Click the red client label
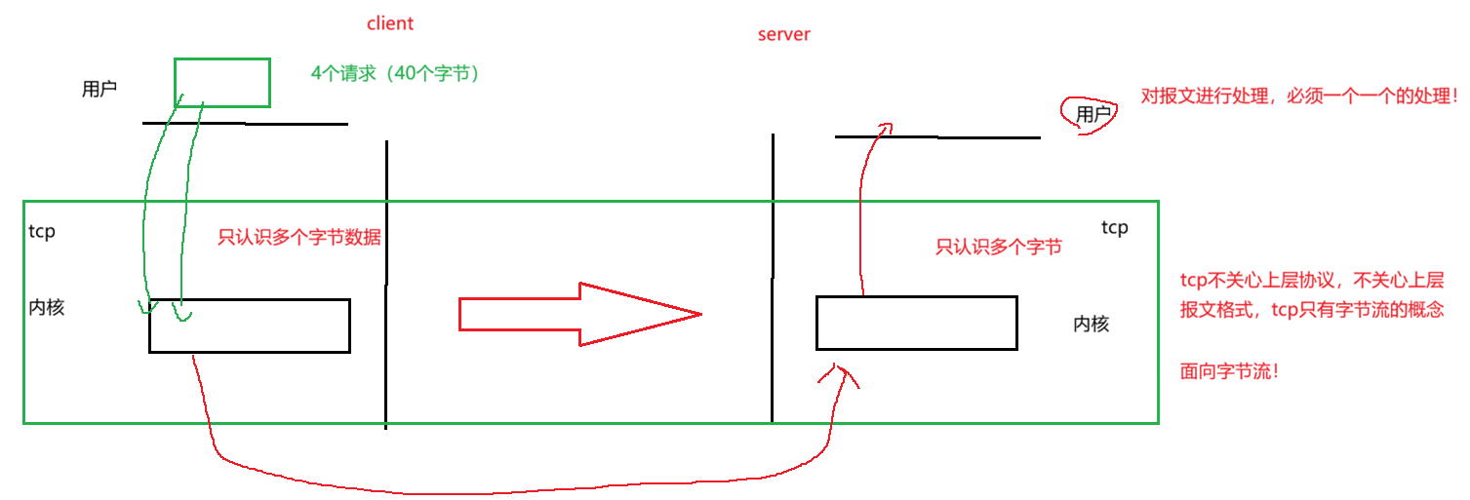pos(389,24)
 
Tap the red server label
pos(783,35)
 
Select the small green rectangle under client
pos(222,83)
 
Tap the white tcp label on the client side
pos(42,232)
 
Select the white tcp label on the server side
pos(1114,228)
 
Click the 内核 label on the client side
pos(47,308)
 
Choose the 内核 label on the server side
pos(1092,325)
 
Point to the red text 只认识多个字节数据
pos(298,238)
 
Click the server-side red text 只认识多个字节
pos(998,248)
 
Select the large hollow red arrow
pos(579,314)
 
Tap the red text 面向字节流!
pos(1228,371)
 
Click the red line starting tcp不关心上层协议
pos(1311,282)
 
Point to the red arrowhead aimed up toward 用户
pos(883,127)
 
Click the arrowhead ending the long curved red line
pos(838,373)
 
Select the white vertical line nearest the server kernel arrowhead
pos(774,396)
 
